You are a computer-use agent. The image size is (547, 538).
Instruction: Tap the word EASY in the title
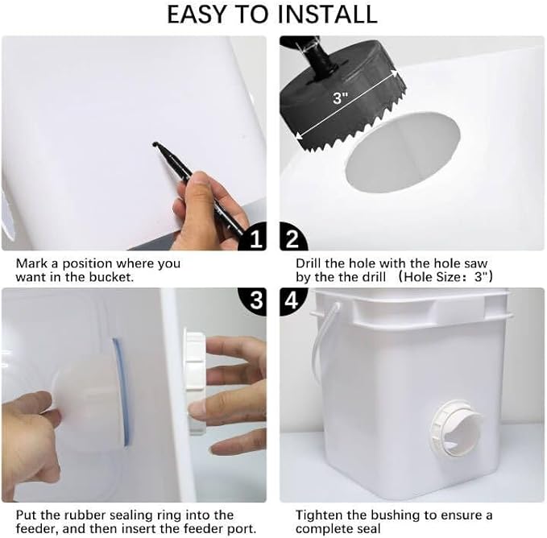[198, 14]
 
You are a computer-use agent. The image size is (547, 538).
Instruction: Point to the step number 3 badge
[254, 300]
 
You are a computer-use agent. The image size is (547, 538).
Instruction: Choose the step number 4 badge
[292, 300]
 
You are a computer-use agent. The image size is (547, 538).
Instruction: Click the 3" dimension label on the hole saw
[341, 98]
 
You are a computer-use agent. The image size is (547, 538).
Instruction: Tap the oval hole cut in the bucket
[403, 152]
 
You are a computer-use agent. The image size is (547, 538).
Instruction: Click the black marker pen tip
[155, 143]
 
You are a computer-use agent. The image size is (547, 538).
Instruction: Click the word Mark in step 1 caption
[29, 263]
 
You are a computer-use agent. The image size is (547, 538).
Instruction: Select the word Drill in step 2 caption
[309, 263]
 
